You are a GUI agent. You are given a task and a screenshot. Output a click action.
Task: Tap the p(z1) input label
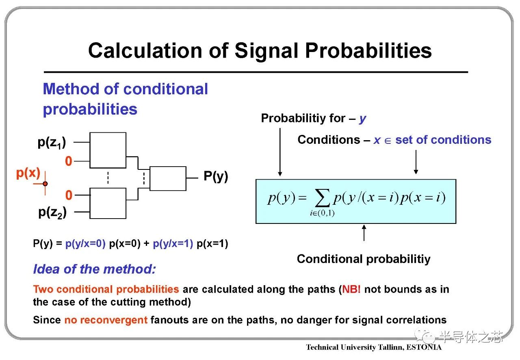point(52,142)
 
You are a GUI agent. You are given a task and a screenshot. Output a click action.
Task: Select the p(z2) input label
point(52,213)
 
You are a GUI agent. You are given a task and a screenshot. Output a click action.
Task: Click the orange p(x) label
point(28,173)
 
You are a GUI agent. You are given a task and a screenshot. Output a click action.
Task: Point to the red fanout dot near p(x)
point(45,184)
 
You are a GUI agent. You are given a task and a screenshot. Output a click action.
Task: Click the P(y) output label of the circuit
point(216,176)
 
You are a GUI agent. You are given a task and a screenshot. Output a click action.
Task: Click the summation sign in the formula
point(322,198)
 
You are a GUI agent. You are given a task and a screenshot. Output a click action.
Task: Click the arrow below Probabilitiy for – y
point(280,152)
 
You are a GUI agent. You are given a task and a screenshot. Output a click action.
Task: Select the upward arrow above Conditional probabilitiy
point(364,233)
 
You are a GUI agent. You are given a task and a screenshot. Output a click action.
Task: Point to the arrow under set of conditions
point(416,162)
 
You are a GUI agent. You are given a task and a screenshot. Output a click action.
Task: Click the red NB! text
point(351,289)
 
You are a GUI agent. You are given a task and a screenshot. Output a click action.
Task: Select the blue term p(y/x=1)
point(173,244)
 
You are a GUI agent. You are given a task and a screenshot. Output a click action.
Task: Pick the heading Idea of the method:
point(95,269)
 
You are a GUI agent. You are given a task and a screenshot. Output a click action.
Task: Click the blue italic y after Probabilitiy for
point(362,119)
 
